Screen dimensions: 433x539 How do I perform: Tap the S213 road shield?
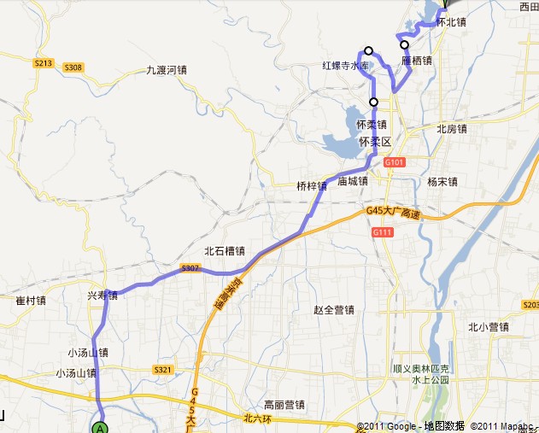pyautogui.click(x=44, y=62)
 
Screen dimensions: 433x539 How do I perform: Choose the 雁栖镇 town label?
pyautogui.click(x=416, y=61)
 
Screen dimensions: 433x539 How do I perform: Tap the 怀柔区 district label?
pyautogui.click(x=374, y=141)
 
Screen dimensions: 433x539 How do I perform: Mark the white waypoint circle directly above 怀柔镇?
pyautogui.click(x=373, y=102)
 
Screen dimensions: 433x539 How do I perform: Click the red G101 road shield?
pyautogui.click(x=393, y=162)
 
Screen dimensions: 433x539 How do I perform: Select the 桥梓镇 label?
pyautogui.click(x=312, y=184)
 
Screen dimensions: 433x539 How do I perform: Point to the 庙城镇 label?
pyautogui.click(x=352, y=181)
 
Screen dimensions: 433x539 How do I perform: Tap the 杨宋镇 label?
pyautogui.click(x=442, y=181)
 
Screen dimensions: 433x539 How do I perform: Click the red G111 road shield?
pyautogui.click(x=381, y=232)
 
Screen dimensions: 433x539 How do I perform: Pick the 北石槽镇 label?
pyautogui.click(x=225, y=251)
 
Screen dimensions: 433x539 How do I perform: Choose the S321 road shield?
pyautogui.click(x=163, y=370)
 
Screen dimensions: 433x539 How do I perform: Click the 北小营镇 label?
pyautogui.click(x=488, y=326)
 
